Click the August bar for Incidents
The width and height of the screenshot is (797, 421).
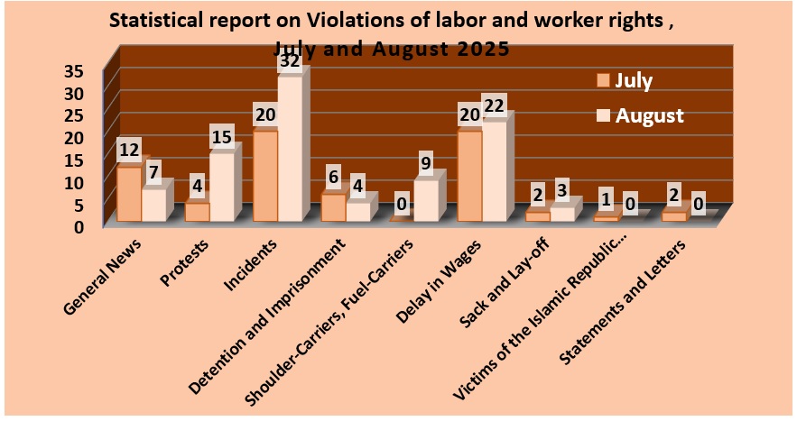pyautogui.click(x=290, y=149)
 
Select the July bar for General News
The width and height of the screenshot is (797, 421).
pyautogui.click(x=129, y=194)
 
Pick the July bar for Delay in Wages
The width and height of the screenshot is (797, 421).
pyautogui.click(x=469, y=176)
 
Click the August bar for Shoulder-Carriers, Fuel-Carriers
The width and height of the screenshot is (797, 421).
pyautogui.click(x=426, y=200)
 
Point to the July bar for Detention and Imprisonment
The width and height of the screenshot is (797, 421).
pyautogui.click(x=333, y=207)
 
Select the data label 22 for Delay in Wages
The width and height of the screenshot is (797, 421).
pyautogui.click(x=495, y=106)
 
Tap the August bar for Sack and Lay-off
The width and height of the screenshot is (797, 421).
pyautogui.click(x=561, y=214)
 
